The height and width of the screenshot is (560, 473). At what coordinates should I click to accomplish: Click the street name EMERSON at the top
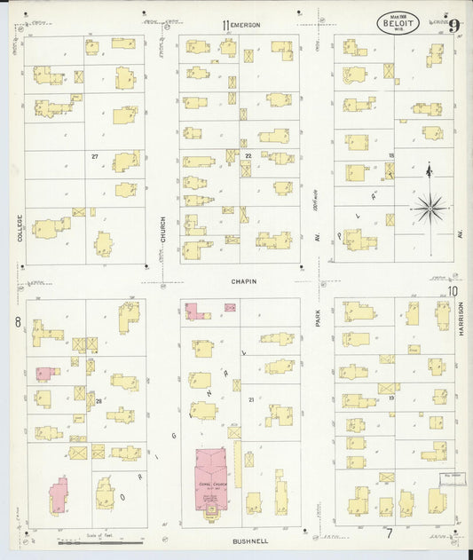point(246,25)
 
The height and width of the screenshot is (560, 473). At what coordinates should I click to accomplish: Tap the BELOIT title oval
point(398,23)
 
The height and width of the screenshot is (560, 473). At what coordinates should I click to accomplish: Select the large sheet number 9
point(453,25)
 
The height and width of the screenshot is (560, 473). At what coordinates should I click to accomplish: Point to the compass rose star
point(430,209)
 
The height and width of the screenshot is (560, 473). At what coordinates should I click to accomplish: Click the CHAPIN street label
point(244,281)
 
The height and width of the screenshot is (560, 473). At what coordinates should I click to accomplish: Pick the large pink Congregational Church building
point(210,479)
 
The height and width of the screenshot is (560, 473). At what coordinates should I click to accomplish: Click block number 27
point(94,156)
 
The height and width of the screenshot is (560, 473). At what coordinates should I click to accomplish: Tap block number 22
point(248,156)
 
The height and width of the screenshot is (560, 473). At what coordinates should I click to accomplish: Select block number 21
point(251,400)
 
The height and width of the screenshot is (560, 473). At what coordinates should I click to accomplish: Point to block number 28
point(99,401)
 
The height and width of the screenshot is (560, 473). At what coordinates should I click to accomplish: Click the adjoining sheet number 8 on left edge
point(17,322)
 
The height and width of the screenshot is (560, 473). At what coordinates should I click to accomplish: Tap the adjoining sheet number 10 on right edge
point(453,291)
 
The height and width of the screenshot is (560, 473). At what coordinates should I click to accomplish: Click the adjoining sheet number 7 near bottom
point(389,532)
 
